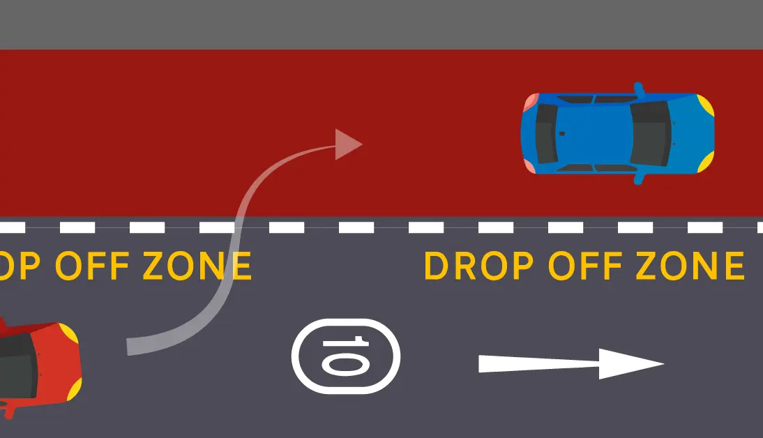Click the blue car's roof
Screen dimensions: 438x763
(x=593, y=133)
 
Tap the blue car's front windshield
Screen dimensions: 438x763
(x=651, y=133)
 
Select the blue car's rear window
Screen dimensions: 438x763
(x=545, y=133)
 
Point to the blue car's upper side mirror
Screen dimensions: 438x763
(x=638, y=89)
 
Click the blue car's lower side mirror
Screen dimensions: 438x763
(x=638, y=179)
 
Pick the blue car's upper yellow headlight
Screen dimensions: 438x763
(x=705, y=105)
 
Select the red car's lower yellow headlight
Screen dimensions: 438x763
(x=73, y=390)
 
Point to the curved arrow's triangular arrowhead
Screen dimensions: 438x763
(x=347, y=144)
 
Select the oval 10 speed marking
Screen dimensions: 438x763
(x=346, y=356)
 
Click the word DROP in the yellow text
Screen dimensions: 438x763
(x=478, y=266)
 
